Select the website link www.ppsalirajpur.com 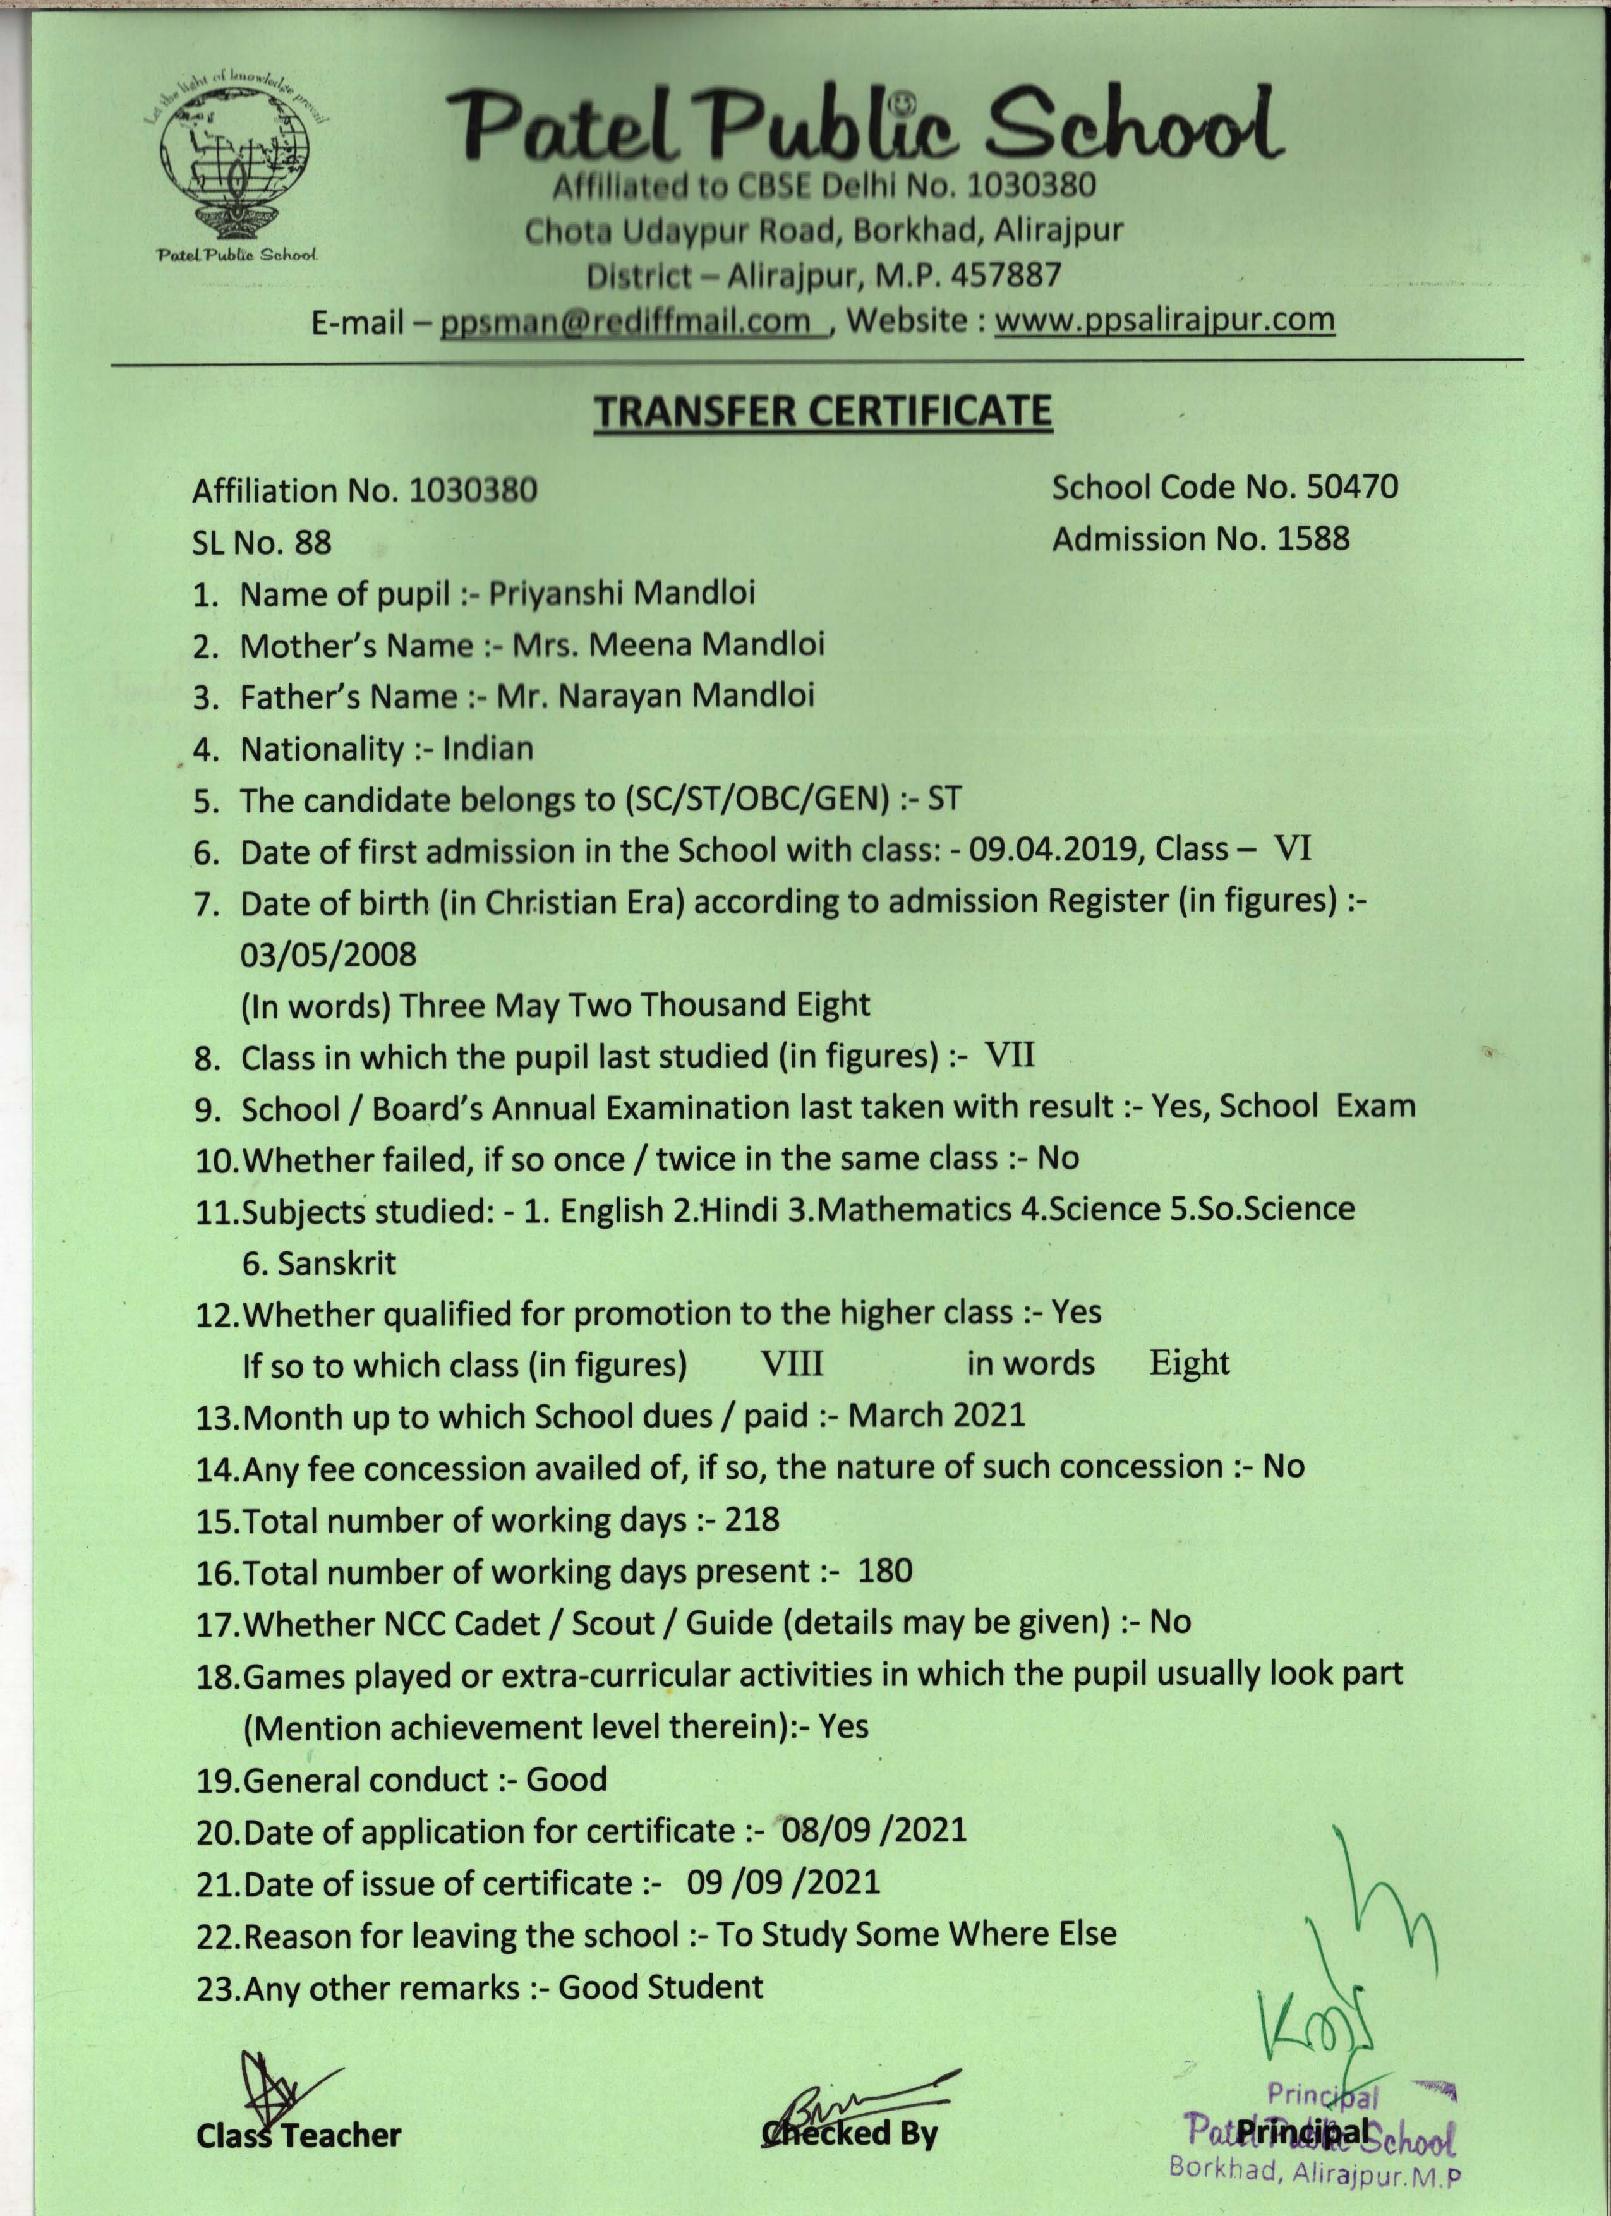[x=1164, y=320]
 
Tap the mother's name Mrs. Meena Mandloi [x=668, y=645]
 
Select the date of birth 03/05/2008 [x=329, y=954]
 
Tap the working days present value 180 [x=885, y=1571]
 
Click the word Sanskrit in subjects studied [x=336, y=1263]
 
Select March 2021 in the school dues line [x=936, y=1416]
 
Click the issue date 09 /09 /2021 [x=783, y=1882]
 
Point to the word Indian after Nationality [x=488, y=749]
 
